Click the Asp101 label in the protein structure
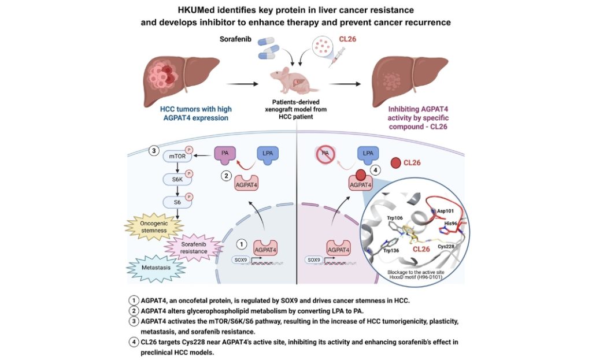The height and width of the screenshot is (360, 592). click(446, 211)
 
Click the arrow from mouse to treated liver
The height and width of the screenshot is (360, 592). click(346, 83)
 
